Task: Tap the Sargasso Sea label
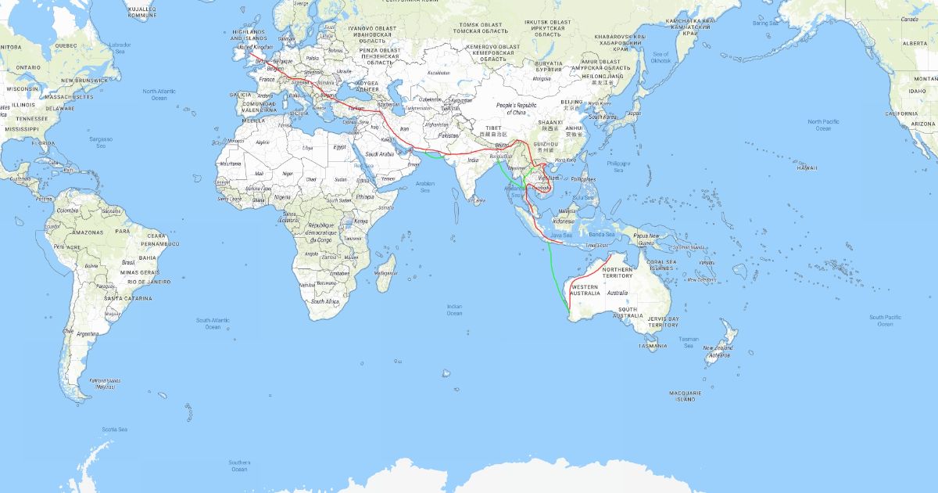pyautogui.click(x=101, y=142)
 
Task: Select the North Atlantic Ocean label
pyautogui.click(x=159, y=94)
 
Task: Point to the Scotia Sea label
pyautogui.click(x=114, y=429)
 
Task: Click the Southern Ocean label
pyautogui.click(x=239, y=466)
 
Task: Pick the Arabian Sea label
pyautogui.click(x=425, y=187)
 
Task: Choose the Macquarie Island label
pyautogui.click(x=685, y=395)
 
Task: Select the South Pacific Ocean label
pyautogui.click(x=885, y=320)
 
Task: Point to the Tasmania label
pyautogui.click(x=653, y=346)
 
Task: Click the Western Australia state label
pyautogui.click(x=585, y=290)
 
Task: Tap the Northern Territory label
pyautogui.click(x=618, y=272)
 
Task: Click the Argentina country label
pyautogui.click(x=88, y=333)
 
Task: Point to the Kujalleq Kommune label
pyautogui.click(x=141, y=12)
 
